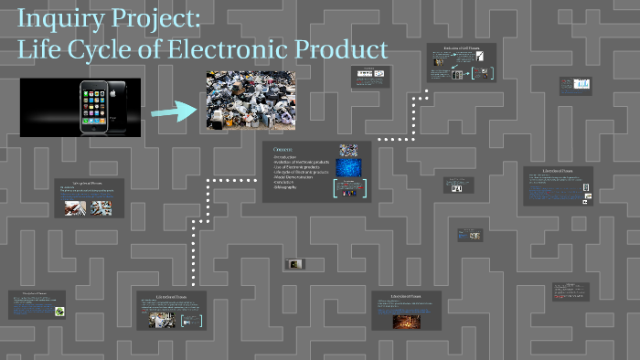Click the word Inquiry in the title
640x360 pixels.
[x=56, y=19]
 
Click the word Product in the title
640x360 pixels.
[x=345, y=48]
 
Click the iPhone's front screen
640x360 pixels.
[x=92, y=106]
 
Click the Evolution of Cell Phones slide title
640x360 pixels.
[x=461, y=49]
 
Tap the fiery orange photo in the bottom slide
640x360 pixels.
[x=405, y=322]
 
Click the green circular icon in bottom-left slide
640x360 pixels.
[x=59, y=312]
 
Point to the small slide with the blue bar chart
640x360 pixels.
[x=577, y=85]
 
